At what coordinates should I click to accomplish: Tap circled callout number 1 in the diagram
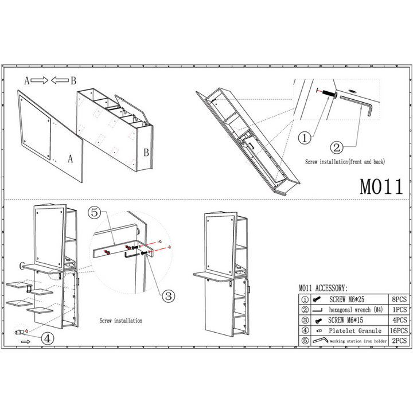pyautogui.click(x=305, y=138)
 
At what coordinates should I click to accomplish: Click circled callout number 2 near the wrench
pyautogui.click(x=337, y=146)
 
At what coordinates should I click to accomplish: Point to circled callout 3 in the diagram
pyautogui.click(x=168, y=296)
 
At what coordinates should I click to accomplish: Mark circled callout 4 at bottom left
pyautogui.click(x=49, y=338)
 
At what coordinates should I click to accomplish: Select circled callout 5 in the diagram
pyautogui.click(x=96, y=212)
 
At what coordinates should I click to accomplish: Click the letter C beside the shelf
pyautogui.click(x=21, y=266)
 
